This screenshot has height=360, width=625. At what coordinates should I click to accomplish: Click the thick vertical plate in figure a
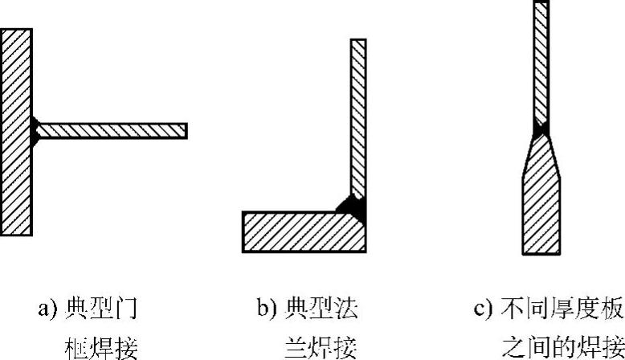click(x=17, y=132)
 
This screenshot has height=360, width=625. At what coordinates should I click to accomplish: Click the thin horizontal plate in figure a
click(x=112, y=130)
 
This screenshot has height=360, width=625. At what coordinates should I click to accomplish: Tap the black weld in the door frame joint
click(x=35, y=130)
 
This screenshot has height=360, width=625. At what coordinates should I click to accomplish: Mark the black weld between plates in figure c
click(x=541, y=129)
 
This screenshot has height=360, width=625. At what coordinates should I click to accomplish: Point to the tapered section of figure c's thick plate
click(x=541, y=157)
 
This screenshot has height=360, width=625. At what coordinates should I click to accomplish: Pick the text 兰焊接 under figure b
click(x=321, y=347)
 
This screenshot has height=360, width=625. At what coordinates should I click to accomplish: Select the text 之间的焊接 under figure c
click(x=562, y=347)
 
